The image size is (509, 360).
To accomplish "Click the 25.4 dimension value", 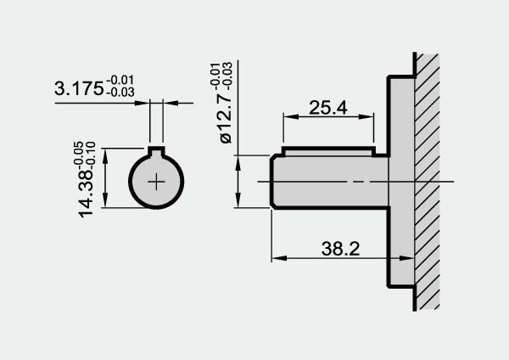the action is point(327,108).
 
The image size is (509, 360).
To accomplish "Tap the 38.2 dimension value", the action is point(340,249).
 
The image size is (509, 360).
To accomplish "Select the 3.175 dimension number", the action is point(79,88).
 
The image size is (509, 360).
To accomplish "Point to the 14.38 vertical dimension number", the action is point(86,194).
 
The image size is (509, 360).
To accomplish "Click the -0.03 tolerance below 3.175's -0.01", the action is point(120,93).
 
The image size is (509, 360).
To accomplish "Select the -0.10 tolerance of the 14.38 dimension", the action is point(91,155).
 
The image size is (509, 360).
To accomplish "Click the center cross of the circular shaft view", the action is point(156,182).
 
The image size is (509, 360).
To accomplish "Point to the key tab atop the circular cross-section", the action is point(156,150).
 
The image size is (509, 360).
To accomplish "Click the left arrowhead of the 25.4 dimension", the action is point(290,116).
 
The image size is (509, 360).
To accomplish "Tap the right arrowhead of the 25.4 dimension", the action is point(366,116).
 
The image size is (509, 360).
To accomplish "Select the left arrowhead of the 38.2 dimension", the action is point(279,258).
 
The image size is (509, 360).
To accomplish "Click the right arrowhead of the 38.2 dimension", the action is point(406,258).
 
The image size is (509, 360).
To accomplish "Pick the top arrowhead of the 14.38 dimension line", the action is point(105,156).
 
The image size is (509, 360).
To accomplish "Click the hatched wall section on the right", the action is point(428,182).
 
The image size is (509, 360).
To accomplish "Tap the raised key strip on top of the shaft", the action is point(328,151).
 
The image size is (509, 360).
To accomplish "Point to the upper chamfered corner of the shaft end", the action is point(273,158).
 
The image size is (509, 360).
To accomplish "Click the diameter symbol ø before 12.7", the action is point(226,138).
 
